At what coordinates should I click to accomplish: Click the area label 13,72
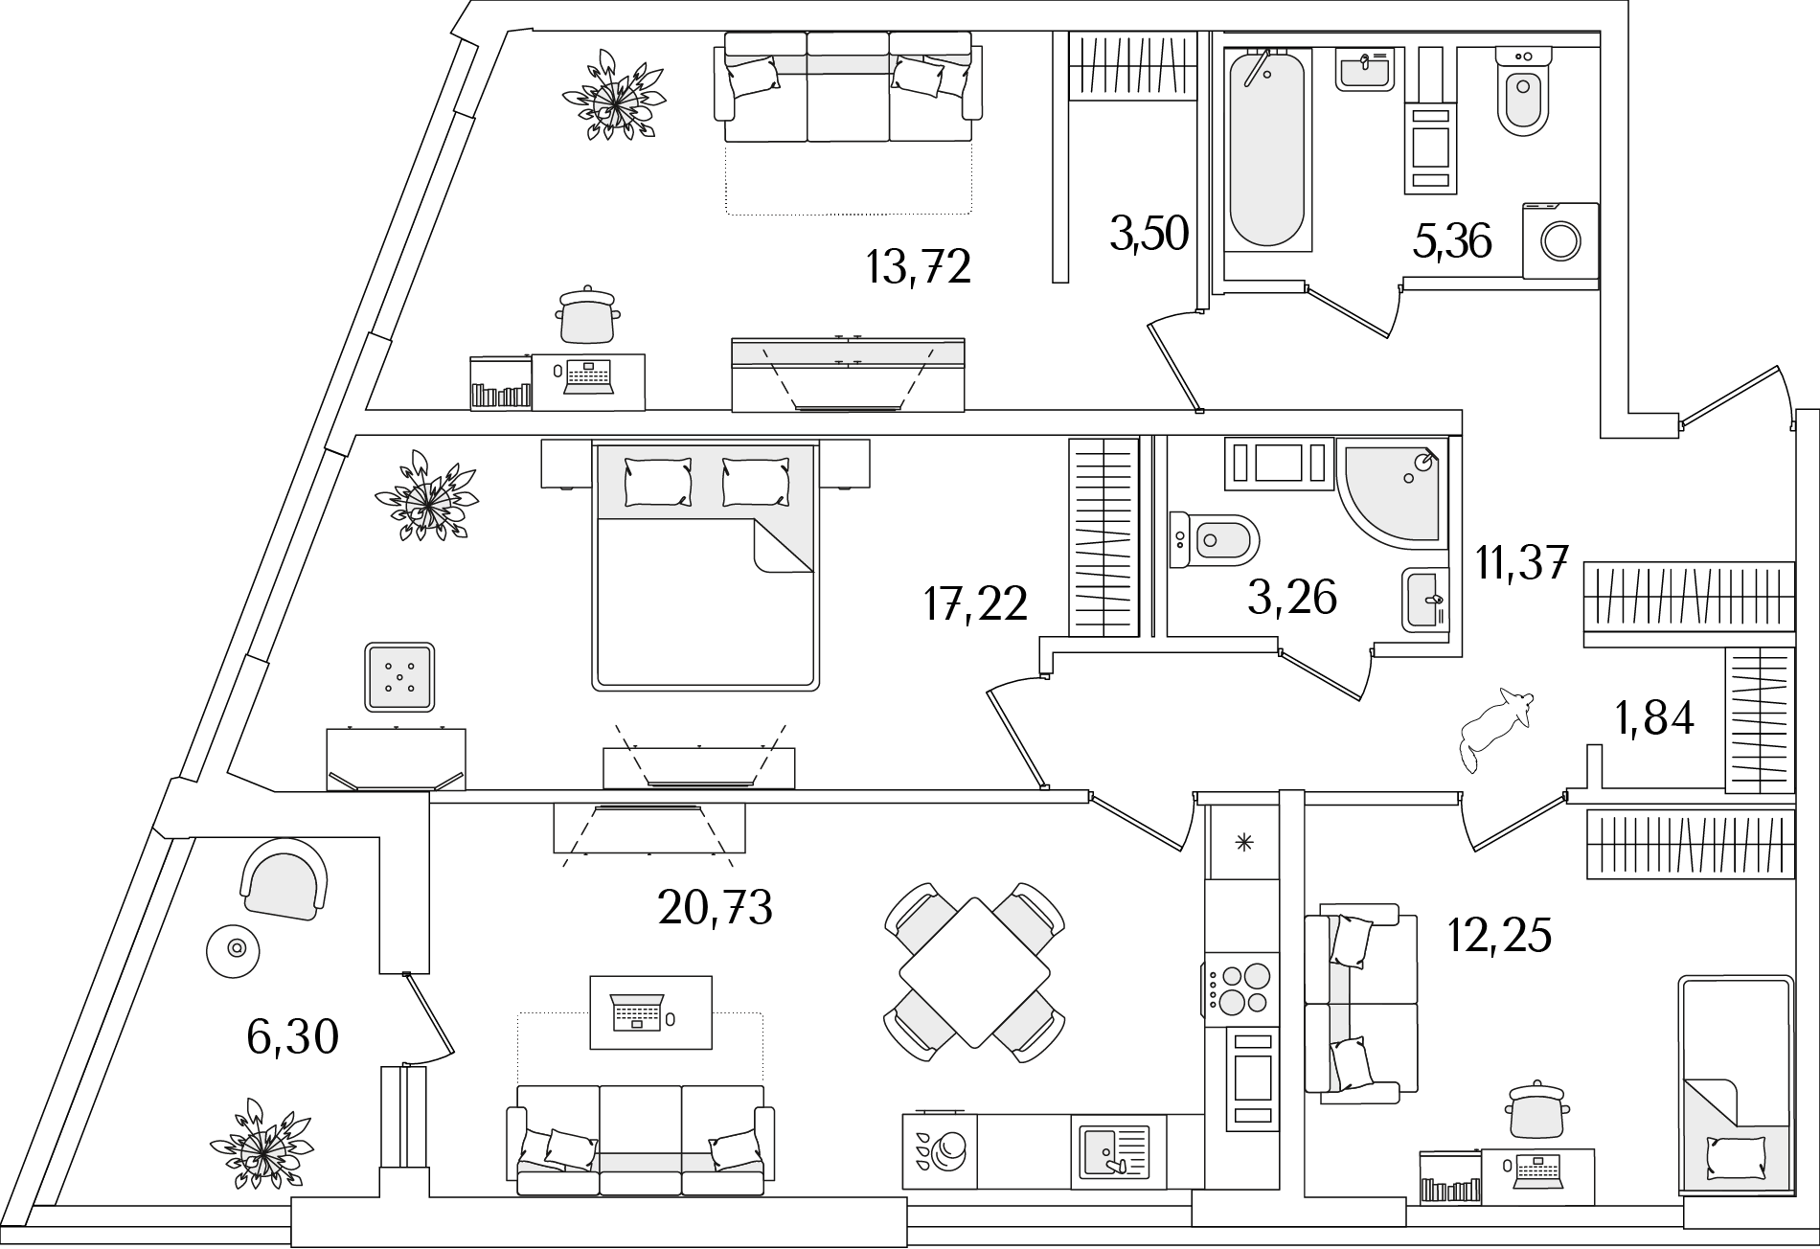click(918, 267)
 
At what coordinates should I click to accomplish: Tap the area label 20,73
click(715, 907)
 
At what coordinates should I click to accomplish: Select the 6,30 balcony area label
click(292, 1036)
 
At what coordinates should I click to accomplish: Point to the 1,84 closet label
click(1654, 717)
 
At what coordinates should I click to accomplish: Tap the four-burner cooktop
click(1241, 988)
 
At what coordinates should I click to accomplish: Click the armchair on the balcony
click(284, 879)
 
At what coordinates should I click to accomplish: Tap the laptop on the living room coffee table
click(637, 1012)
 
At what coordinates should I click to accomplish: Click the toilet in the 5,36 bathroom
click(1522, 94)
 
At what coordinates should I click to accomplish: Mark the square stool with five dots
click(399, 676)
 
